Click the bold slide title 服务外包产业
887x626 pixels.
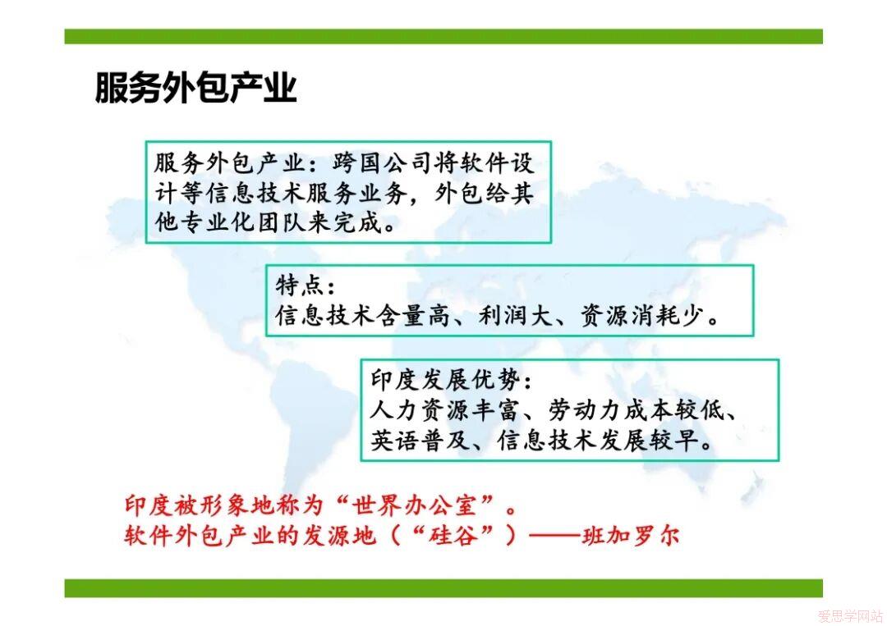pyautogui.click(x=195, y=87)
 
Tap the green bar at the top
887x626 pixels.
pyautogui.click(x=443, y=36)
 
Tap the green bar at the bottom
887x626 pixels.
pyautogui.click(x=443, y=587)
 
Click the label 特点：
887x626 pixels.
pyautogui.click(x=306, y=286)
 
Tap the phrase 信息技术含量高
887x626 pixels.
pyautogui.click(x=363, y=315)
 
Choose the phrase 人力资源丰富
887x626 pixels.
pyautogui.click(x=444, y=410)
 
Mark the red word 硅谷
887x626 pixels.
pyautogui.click(x=453, y=535)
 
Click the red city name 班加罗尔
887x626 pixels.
pyautogui.click(x=631, y=535)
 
